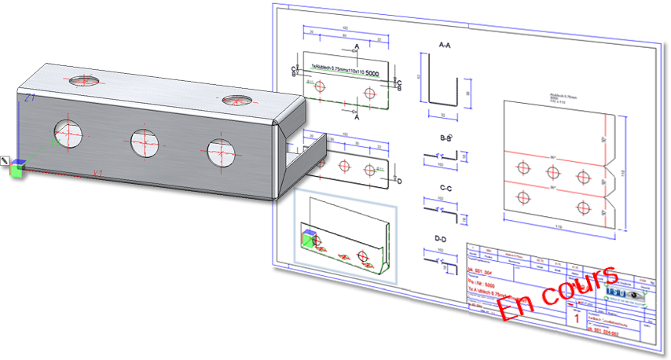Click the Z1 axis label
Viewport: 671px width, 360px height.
(x=29, y=98)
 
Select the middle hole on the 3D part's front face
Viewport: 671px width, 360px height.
(x=145, y=141)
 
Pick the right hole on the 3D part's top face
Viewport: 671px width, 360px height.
(x=235, y=101)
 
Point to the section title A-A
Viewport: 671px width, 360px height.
(x=444, y=46)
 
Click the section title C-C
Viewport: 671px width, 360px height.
(x=445, y=189)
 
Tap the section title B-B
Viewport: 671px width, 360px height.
(x=445, y=138)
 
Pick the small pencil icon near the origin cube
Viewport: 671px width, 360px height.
(x=5, y=160)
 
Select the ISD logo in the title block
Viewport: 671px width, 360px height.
(x=617, y=292)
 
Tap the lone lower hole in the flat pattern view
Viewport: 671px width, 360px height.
(x=582, y=207)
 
